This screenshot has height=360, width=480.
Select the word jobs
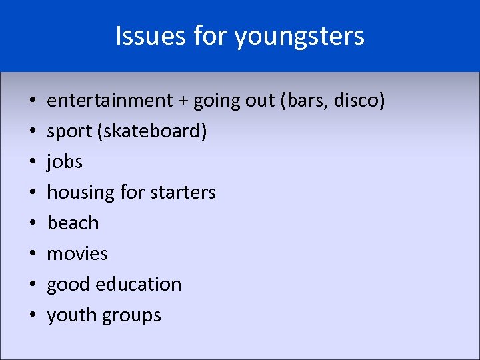pos(65,162)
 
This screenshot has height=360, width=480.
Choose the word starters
pos(184,193)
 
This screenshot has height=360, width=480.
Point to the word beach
pos(73,223)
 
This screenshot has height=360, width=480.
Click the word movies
pos(77,253)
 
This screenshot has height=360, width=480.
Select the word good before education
pos(69,285)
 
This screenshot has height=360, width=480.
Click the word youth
pos(73,315)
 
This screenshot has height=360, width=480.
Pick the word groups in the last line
pos(133,315)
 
